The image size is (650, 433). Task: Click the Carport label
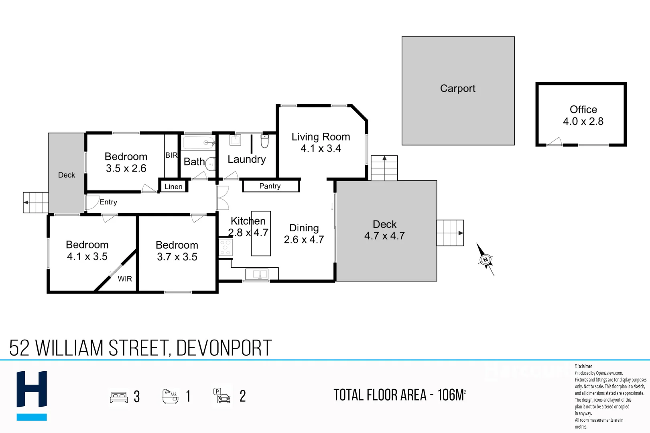click(457, 89)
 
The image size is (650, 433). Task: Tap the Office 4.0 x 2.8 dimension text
click(583, 121)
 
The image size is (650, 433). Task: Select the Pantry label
click(270, 186)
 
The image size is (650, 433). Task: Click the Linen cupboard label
click(173, 186)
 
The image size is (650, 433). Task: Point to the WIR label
click(125, 279)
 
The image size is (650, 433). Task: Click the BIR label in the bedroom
click(171, 156)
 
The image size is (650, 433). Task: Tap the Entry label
click(108, 202)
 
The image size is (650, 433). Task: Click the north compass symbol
click(485, 259)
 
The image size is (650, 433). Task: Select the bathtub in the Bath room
click(198, 143)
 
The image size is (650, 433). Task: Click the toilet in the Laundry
click(264, 142)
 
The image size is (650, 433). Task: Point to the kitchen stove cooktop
click(225, 247)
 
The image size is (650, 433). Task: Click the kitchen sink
click(257, 274)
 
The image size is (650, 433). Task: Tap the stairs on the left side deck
click(36, 202)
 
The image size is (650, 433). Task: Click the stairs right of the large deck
click(450, 233)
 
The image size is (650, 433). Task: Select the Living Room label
click(321, 137)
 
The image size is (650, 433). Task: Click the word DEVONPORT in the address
click(224, 348)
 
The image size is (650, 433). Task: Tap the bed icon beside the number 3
click(119, 397)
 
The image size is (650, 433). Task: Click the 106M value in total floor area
click(451, 395)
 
